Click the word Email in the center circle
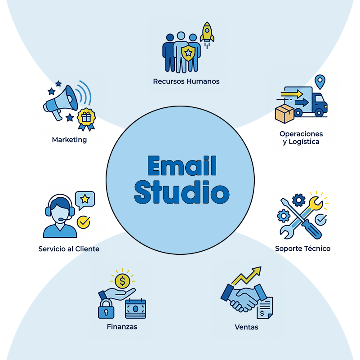click(182, 165)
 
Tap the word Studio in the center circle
click(182, 192)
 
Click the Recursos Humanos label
click(186, 81)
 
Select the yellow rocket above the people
click(207, 34)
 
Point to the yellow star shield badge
click(188, 53)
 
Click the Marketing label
click(69, 140)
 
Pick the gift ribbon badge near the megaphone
click(86, 119)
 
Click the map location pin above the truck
click(320, 81)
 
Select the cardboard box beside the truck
click(284, 114)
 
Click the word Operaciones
click(301, 134)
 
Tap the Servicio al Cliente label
click(69, 249)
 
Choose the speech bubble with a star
click(85, 200)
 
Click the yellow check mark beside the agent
click(84, 222)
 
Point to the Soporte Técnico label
click(302, 249)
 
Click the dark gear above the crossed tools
click(299, 200)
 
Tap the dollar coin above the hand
click(122, 281)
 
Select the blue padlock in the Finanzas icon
click(106, 309)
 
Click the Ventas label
click(246, 327)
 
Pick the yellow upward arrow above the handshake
click(247, 276)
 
